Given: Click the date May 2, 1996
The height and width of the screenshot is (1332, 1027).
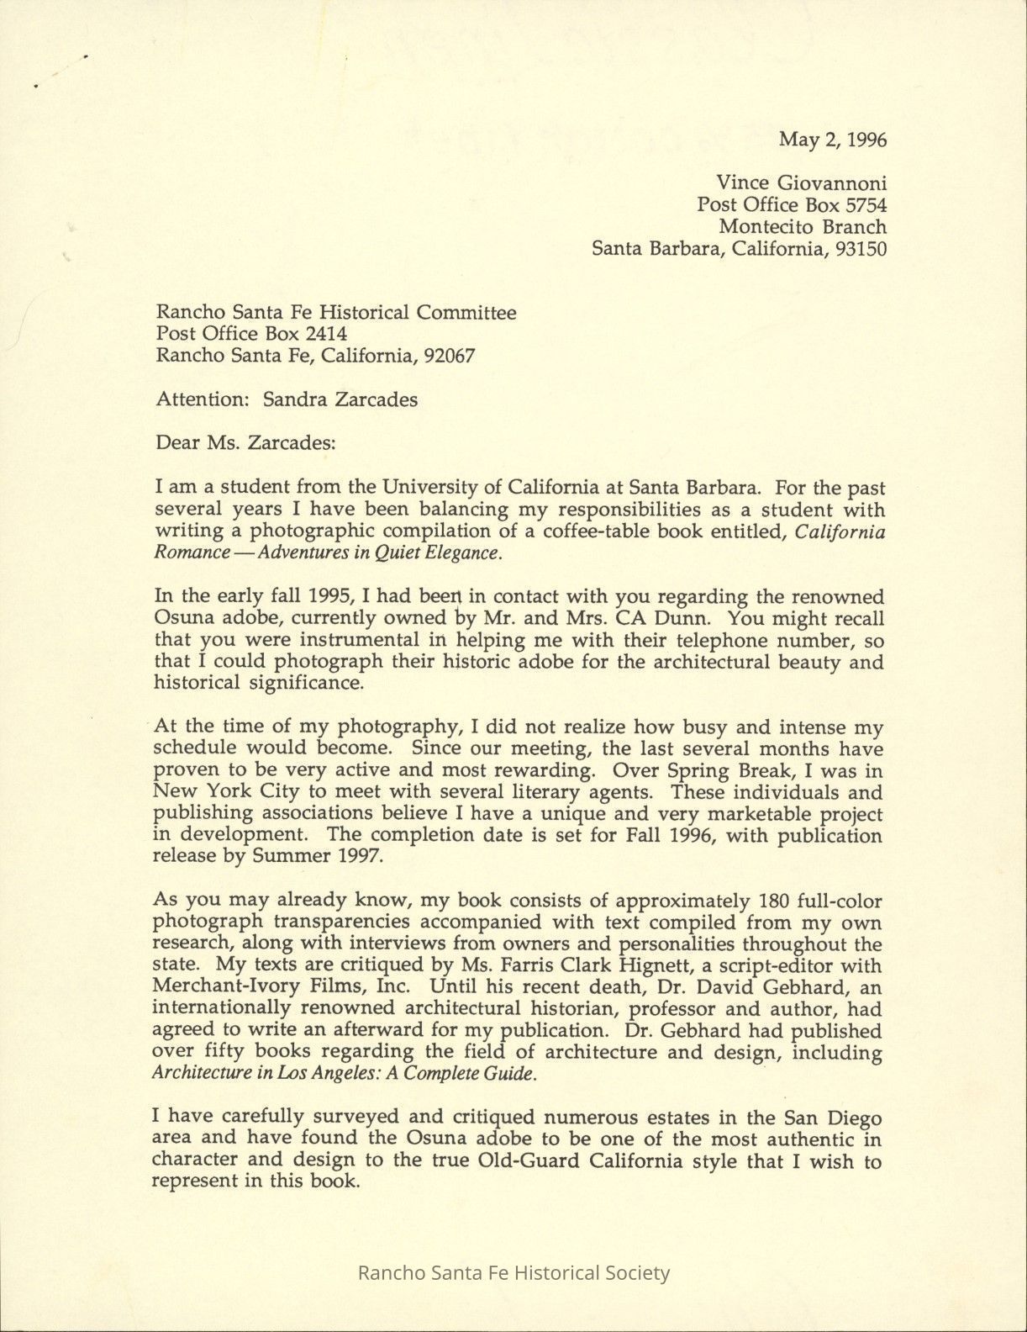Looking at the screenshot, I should [x=832, y=139].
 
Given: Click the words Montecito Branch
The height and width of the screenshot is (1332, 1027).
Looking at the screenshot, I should [x=802, y=226].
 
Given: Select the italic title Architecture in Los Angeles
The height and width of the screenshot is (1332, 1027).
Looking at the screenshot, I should [x=255, y=1074].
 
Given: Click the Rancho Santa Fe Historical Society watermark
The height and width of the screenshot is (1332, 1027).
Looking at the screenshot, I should [x=513, y=1272].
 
